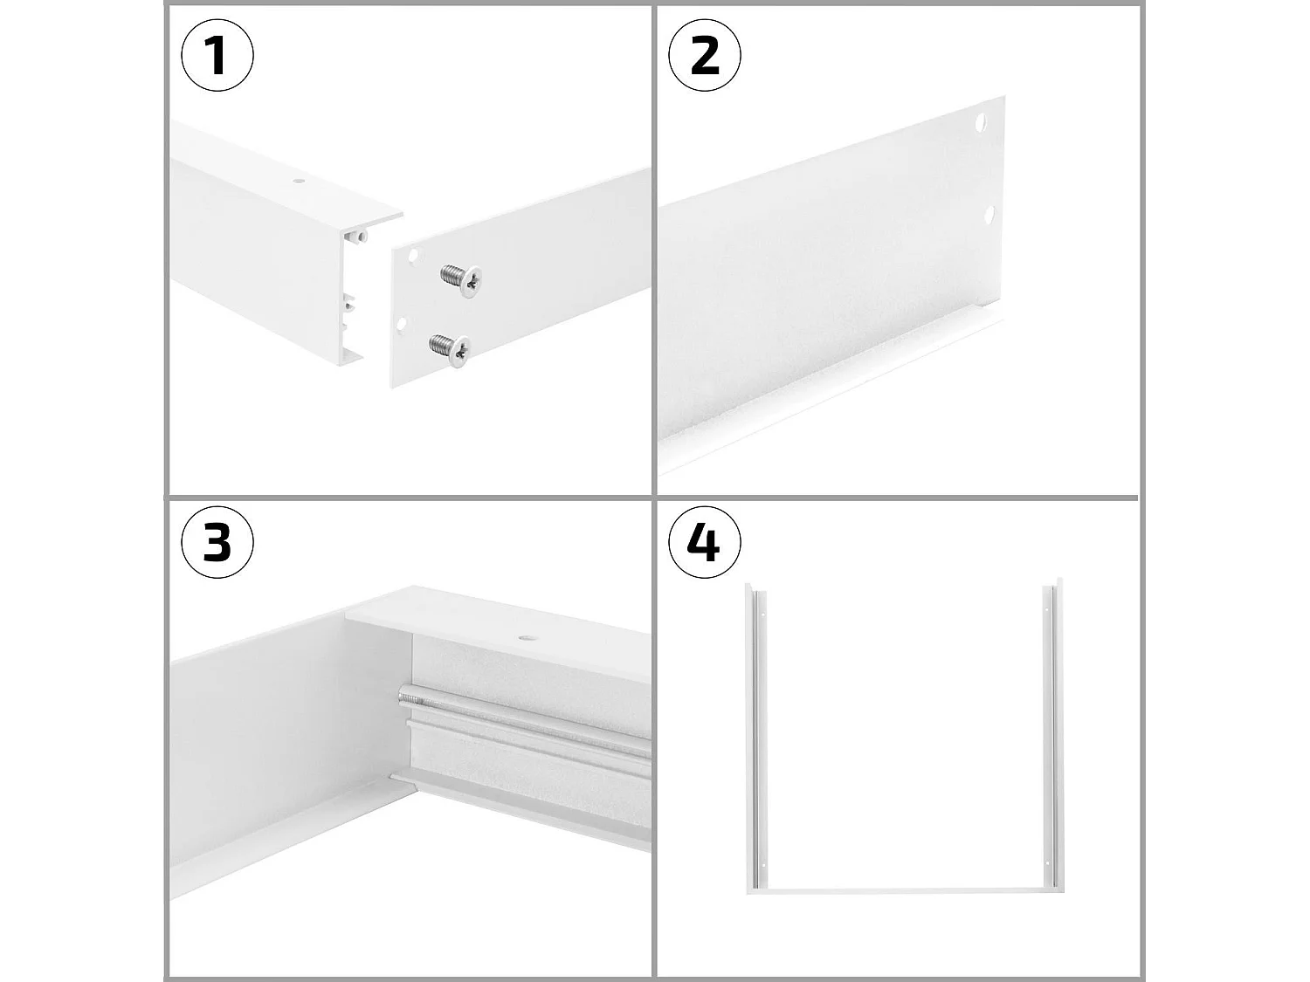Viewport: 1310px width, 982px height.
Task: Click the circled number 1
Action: point(217,56)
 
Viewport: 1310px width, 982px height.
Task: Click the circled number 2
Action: point(704,56)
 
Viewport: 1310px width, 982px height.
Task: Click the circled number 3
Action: point(217,542)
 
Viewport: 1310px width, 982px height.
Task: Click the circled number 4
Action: point(704,542)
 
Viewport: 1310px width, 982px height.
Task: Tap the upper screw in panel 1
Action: point(463,278)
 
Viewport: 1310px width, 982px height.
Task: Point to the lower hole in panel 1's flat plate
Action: point(402,324)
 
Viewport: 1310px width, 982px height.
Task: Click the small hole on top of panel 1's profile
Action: point(299,182)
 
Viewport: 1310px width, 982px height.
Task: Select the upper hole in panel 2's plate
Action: point(981,121)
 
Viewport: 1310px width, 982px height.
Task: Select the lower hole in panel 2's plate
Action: point(990,213)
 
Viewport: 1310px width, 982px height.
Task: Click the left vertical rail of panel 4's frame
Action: point(752,733)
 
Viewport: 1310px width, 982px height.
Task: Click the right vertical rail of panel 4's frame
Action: point(1051,733)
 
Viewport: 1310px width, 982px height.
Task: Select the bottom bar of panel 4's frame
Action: point(904,889)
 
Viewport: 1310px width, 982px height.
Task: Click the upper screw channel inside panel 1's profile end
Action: point(359,236)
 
